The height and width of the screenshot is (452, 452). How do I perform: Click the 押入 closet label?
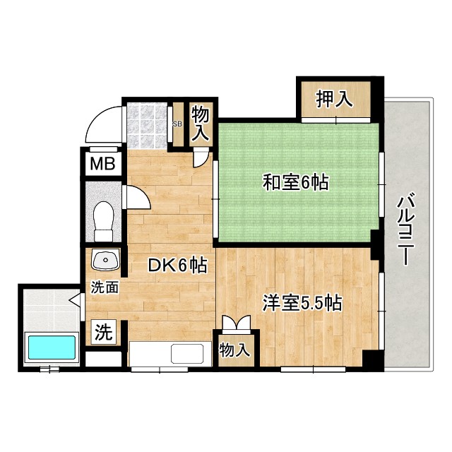pos(333,100)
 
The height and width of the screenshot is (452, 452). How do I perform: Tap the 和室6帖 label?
pos(296,183)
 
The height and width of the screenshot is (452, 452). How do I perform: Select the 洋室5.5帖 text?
pos(302,304)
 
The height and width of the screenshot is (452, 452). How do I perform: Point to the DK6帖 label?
pos(177,266)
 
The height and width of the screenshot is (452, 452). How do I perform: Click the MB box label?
pos(102,165)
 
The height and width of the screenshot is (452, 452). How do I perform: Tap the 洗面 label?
pos(102,287)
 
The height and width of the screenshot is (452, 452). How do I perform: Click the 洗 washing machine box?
pos(102,331)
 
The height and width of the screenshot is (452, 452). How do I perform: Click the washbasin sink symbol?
pos(105,261)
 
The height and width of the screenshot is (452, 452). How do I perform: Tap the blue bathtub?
pos(51,348)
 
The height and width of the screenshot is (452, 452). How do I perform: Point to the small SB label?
pos(177,124)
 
